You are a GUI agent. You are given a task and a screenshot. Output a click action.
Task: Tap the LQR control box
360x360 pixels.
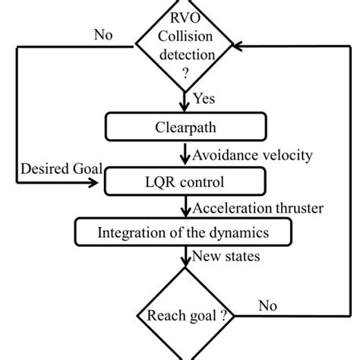183,182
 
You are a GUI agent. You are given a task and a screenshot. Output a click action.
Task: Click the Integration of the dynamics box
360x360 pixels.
183,232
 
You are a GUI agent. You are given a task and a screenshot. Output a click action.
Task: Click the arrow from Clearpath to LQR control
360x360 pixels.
183,156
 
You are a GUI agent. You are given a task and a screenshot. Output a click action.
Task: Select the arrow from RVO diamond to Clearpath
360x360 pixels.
183,100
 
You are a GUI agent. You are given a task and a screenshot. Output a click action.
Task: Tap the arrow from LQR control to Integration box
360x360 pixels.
183,207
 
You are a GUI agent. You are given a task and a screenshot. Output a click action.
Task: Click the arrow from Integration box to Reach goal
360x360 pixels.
183,258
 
